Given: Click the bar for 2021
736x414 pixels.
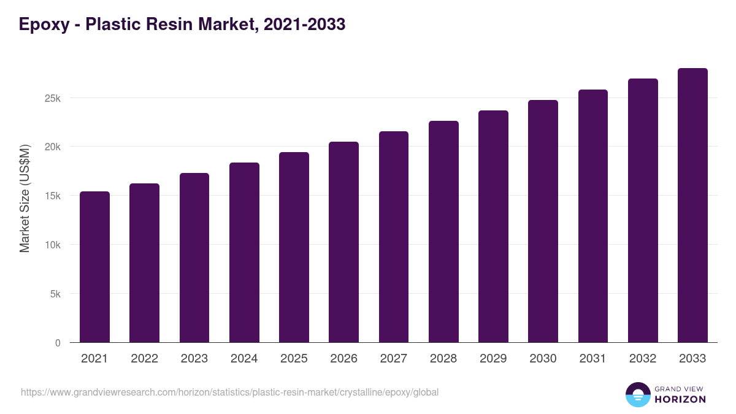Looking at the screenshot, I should pyautogui.click(x=94, y=267).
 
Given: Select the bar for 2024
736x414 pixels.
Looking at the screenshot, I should pyautogui.click(x=244, y=253).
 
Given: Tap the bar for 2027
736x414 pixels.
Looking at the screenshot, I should pyautogui.click(x=394, y=237).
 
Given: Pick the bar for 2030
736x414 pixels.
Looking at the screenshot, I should pyautogui.click(x=543, y=221).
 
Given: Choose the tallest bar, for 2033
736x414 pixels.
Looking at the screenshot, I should pyautogui.click(x=692, y=205).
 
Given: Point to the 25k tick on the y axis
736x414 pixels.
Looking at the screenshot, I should pyautogui.click(x=53, y=98).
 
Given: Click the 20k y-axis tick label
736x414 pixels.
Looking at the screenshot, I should pyautogui.click(x=53, y=147).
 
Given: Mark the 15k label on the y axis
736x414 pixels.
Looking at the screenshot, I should pyautogui.click(x=53, y=196).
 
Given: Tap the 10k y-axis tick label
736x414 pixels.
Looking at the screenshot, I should pyautogui.click(x=53, y=245).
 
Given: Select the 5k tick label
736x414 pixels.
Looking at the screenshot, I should pyautogui.click(x=55, y=294).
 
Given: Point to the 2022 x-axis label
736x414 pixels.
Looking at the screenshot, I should pyautogui.click(x=144, y=359).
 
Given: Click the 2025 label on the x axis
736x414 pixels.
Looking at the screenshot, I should pyautogui.click(x=294, y=359).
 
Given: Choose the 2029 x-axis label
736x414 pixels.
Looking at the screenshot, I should pyautogui.click(x=493, y=359).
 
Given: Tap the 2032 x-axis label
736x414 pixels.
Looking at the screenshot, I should pyautogui.click(x=643, y=359).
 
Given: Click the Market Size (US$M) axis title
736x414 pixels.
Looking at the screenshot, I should pyautogui.click(x=25, y=198).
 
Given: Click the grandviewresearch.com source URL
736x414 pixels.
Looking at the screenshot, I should pyautogui.click(x=229, y=392).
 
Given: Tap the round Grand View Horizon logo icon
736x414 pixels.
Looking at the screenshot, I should pyautogui.click(x=637, y=395).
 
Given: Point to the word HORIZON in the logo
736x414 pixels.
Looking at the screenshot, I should pyautogui.click(x=680, y=399).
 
